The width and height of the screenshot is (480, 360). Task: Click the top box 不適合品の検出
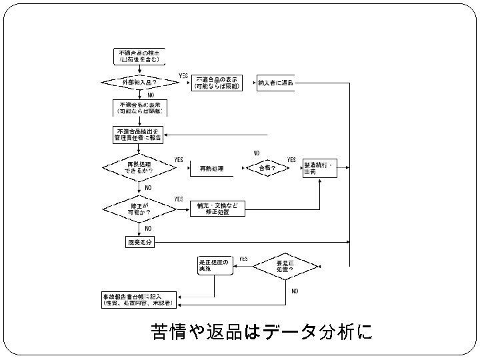coord(139,57)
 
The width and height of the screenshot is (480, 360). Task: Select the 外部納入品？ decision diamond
coord(139,83)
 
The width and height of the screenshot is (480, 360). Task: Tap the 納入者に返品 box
coord(275,83)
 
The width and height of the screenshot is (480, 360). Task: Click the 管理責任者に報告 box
coord(139,134)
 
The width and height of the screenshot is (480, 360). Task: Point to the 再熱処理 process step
coord(211,169)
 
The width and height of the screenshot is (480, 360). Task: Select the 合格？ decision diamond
coord(267,169)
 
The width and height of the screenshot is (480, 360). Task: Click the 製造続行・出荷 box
coord(319,169)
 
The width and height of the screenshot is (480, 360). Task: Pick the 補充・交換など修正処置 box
coord(217,209)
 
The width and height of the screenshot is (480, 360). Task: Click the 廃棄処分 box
coord(140,242)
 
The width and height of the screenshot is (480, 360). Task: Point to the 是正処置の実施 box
coord(214,265)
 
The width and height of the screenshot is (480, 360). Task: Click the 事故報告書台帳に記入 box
coord(138,299)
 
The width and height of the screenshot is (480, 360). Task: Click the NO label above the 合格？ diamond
coord(256,153)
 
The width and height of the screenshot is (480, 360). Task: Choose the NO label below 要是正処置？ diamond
coord(295,291)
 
